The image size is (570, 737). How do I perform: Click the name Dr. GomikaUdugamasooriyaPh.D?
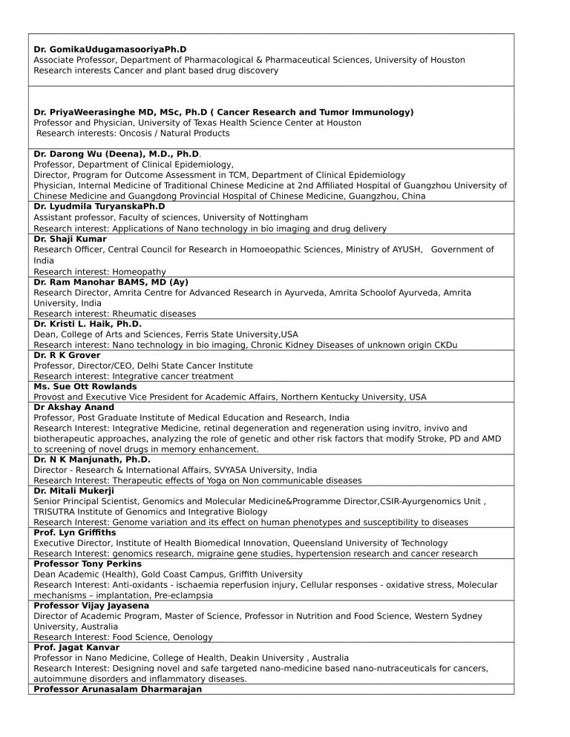point(110,49)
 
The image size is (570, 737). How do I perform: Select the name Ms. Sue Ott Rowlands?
point(85,386)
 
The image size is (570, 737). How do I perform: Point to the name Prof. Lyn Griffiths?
point(75,532)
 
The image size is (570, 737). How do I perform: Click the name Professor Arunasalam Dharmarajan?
point(117,689)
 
